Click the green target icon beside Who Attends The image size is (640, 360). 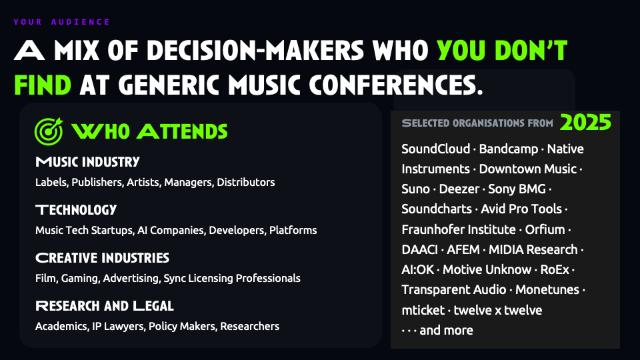[x=49, y=131]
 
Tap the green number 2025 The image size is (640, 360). [x=585, y=122]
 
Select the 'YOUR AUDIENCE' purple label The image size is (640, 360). [x=61, y=22]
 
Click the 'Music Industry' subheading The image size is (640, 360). [x=87, y=162]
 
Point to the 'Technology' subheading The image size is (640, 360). [x=76, y=210]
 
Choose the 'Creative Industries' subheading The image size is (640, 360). [x=102, y=258]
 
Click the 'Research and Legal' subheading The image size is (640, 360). [x=105, y=306]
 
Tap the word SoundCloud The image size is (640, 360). [x=435, y=149]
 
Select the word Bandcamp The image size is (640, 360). [x=508, y=149]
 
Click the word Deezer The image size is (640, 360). [x=459, y=189]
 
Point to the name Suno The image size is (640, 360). [x=415, y=189]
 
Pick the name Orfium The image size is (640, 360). [x=545, y=229]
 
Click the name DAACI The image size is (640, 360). [x=419, y=249]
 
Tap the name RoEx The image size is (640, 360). [x=554, y=269]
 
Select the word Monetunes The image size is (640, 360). [x=547, y=289]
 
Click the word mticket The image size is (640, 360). [x=423, y=310]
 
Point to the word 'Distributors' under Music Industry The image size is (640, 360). [x=246, y=182]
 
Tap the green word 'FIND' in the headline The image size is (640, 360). [x=43, y=85]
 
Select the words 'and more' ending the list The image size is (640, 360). [x=446, y=330]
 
